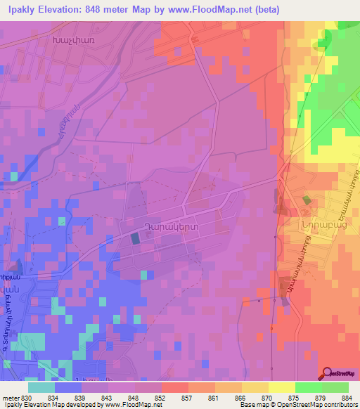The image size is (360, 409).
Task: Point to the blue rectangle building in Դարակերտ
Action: [135, 239]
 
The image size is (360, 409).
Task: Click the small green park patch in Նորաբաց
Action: [307, 200]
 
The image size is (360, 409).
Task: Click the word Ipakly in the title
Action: [20, 9]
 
